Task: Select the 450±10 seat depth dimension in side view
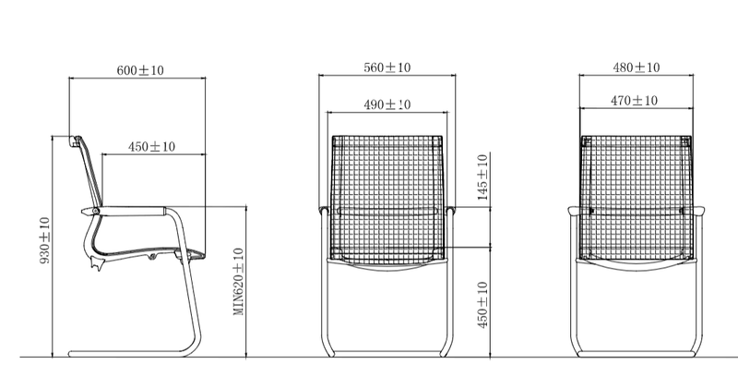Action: [x=151, y=147]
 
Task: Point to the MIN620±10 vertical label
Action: [x=238, y=282]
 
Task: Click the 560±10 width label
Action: [x=387, y=67]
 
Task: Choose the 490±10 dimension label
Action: [x=387, y=105]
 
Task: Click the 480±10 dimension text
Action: [x=637, y=67]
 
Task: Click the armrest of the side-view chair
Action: [x=138, y=212]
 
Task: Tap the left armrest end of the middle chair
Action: [x=321, y=213]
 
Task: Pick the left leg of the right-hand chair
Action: [x=579, y=305]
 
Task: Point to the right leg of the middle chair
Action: [x=447, y=305]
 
